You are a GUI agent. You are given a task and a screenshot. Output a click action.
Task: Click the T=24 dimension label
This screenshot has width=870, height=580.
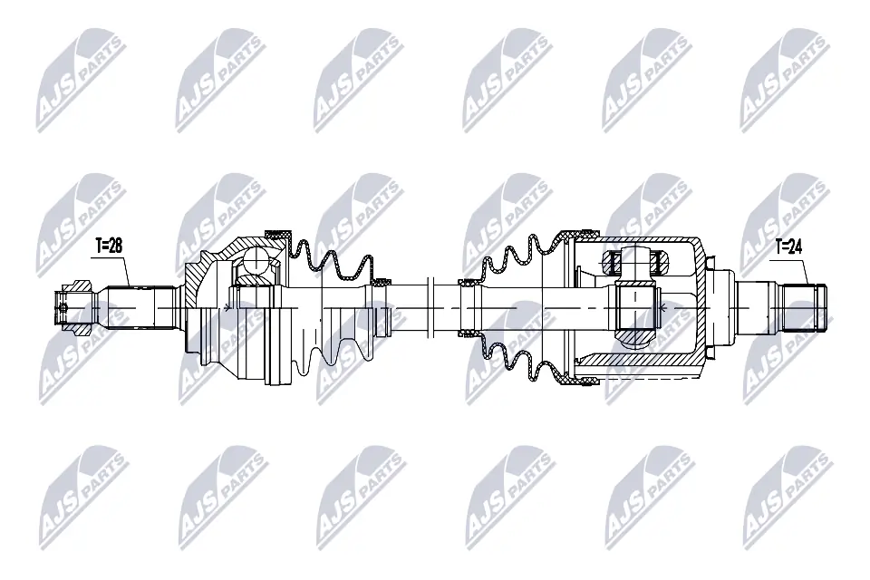pos(789,246)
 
